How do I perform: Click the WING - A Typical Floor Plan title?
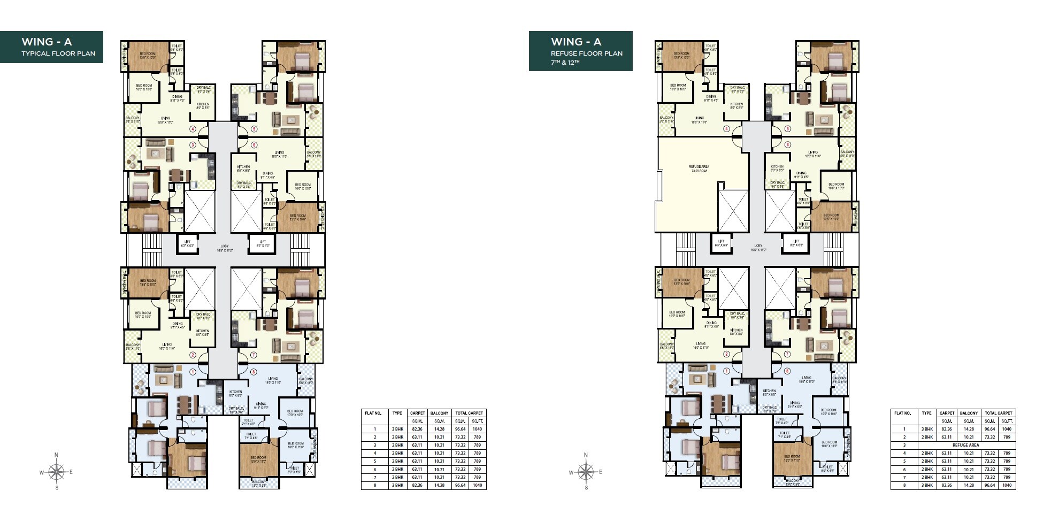click(x=51, y=47)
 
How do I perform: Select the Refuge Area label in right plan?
click(x=699, y=168)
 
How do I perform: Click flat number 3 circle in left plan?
click(x=193, y=145)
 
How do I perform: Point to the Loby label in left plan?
click(x=224, y=248)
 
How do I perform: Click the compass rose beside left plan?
click(x=56, y=472)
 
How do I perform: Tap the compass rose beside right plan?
click(x=586, y=472)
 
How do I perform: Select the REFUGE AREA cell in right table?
click(x=965, y=445)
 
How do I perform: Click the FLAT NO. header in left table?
click(x=373, y=413)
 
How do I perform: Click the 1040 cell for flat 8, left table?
click(x=477, y=485)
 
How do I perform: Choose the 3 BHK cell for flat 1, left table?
click(x=397, y=429)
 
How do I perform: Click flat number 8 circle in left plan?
click(x=253, y=372)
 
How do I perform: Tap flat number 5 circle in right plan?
click(x=787, y=129)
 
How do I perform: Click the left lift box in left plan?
click(x=187, y=243)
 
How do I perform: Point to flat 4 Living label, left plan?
click(x=165, y=120)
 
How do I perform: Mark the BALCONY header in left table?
click(x=439, y=413)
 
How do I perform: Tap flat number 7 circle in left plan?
click(x=253, y=355)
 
